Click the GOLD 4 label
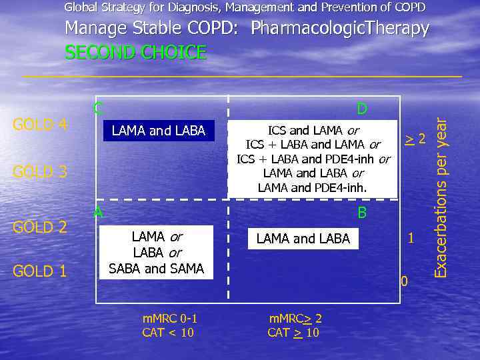point(40,125)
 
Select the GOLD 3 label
point(40,172)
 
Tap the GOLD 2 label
point(40,227)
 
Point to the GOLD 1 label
point(40,271)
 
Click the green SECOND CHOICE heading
point(135,53)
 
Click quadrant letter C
point(98,107)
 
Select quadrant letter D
point(362,109)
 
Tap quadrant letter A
point(98,212)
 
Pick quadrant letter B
point(362,213)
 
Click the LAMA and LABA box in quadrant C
point(159,131)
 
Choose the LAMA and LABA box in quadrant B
point(303,239)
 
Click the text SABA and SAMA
point(156,269)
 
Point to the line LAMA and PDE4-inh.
point(312,187)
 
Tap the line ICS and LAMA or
point(313,130)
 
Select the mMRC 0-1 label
point(170,318)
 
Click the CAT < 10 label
point(168,332)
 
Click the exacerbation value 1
point(411,238)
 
